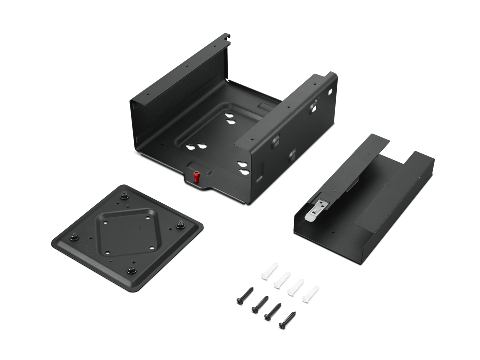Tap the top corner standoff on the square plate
click(x=123, y=192)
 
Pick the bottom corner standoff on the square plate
click(x=132, y=270)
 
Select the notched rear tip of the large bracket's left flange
click(x=227, y=36)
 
